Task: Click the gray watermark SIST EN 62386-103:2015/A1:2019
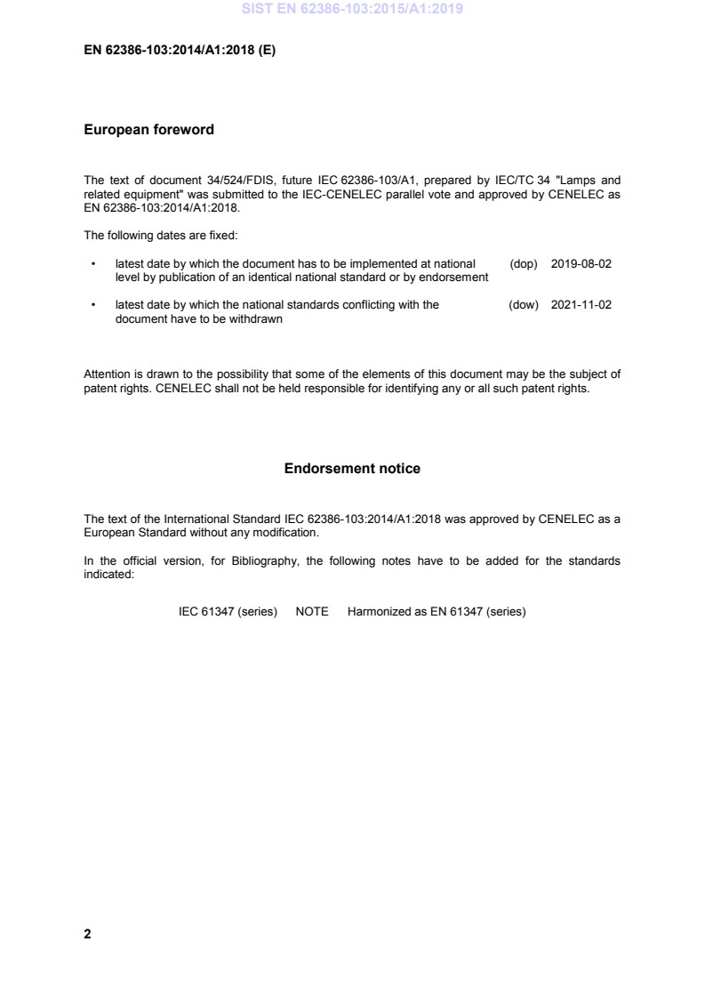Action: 353,11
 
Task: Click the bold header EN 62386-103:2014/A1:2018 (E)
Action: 180,51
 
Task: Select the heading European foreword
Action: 148,130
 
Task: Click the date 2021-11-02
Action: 581,305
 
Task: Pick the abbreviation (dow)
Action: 525,305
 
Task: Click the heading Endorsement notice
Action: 352,469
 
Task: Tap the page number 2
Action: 87,934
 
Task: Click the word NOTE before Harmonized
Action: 312,612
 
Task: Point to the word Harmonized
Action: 378,612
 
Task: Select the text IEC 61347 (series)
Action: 228,612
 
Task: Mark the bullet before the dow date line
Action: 93,305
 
